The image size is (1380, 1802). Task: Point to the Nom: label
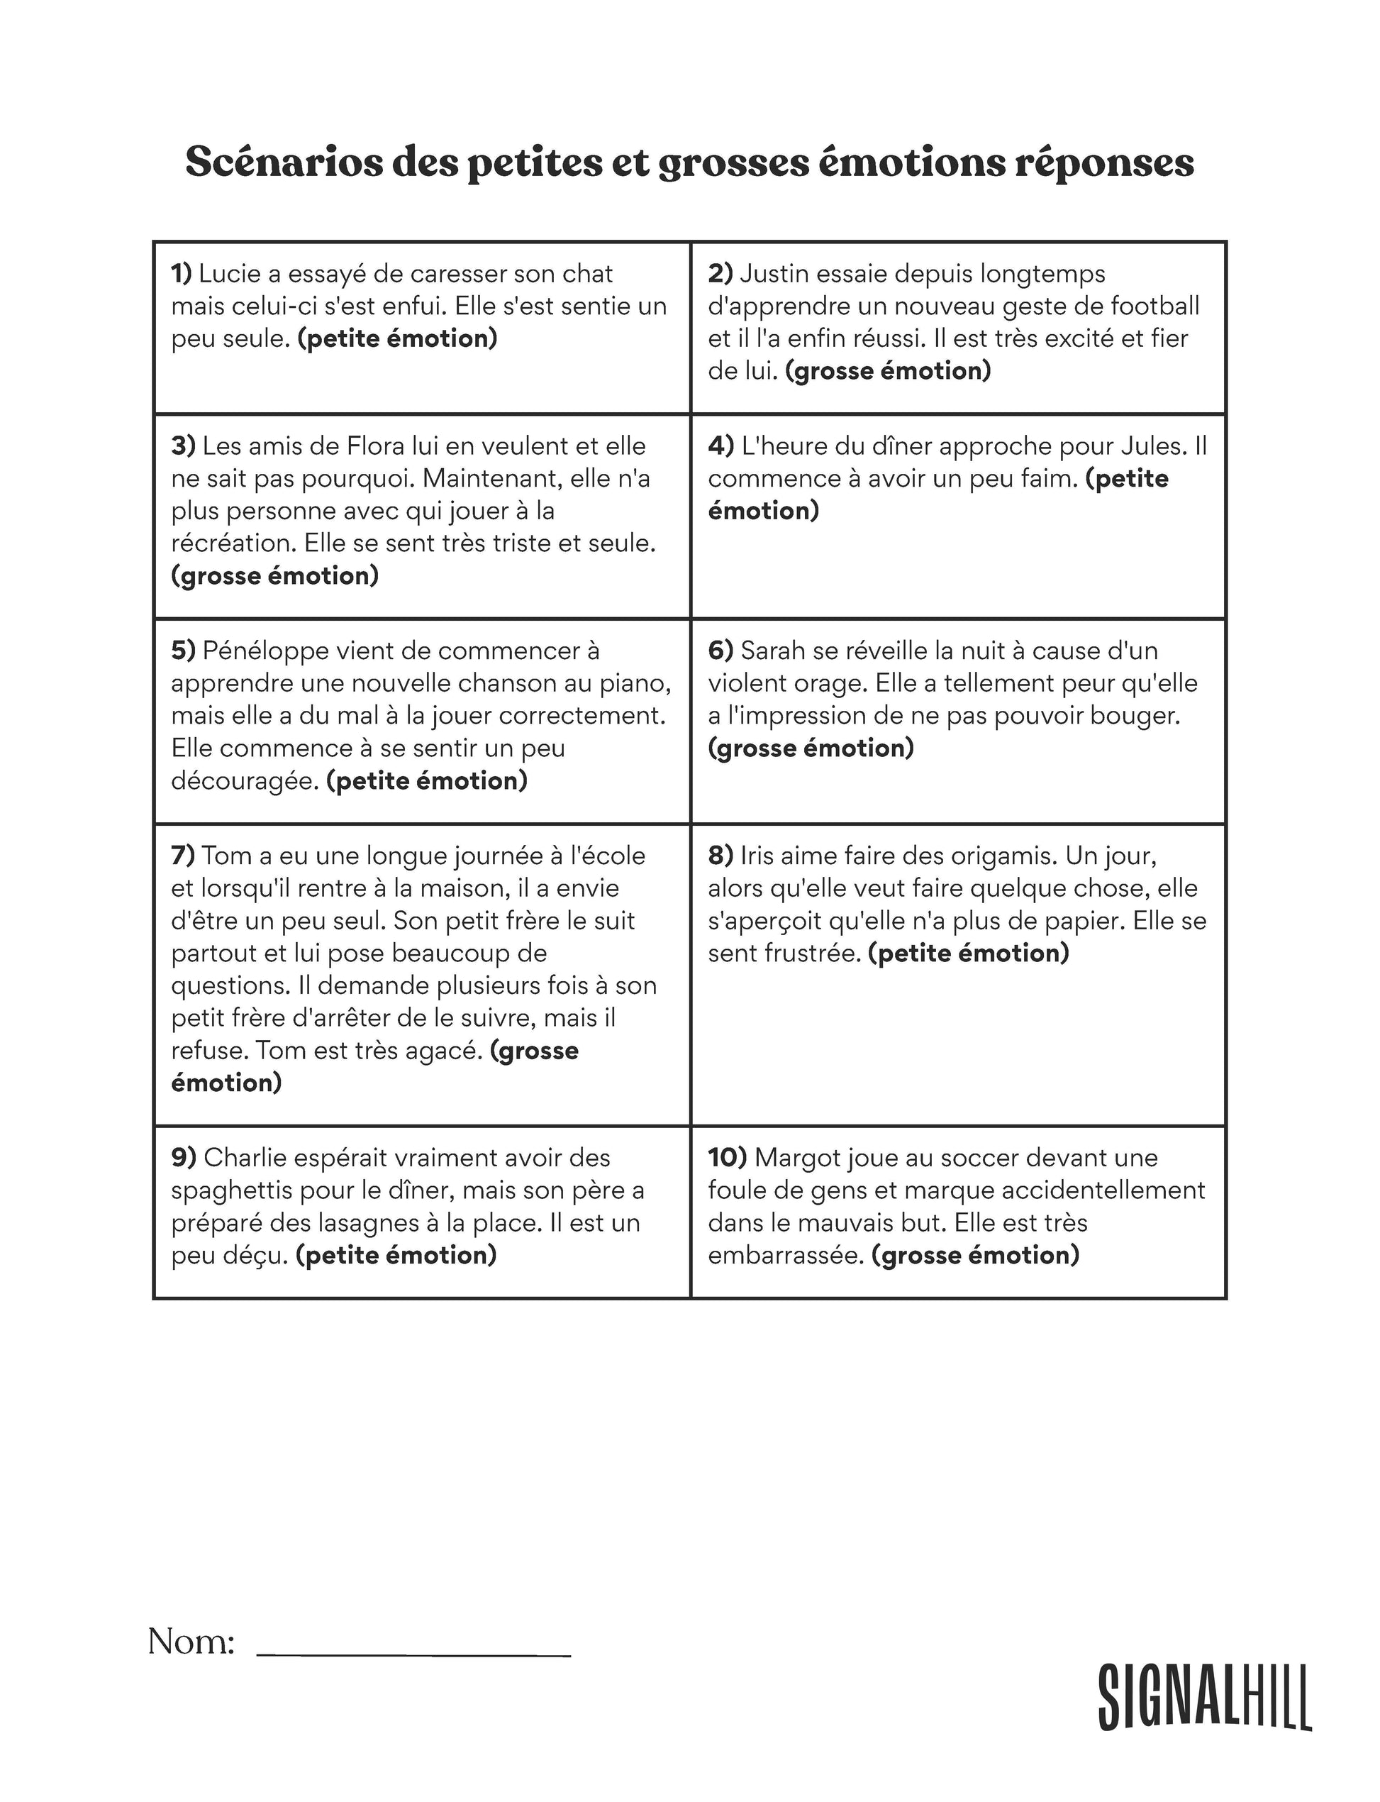pos(191,1642)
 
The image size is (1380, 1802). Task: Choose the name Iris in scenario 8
pos(757,856)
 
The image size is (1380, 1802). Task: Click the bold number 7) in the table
pos(183,856)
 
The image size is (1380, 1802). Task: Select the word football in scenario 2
pos(1155,306)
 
